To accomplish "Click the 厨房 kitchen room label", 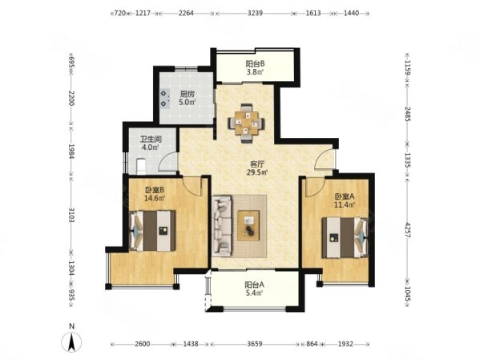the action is (x=187, y=94).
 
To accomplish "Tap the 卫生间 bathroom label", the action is (x=151, y=140).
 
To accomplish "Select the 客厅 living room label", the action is (x=257, y=164).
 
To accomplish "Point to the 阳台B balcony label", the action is (x=255, y=63).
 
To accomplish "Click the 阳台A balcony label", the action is (x=255, y=285).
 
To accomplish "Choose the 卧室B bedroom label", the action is (x=155, y=190).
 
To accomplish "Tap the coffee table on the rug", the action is (x=248, y=225).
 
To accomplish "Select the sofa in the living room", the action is (x=222, y=226).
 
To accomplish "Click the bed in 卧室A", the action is (x=345, y=237).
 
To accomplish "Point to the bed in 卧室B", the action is (x=152, y=231).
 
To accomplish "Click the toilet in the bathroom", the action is (x=141, y=166).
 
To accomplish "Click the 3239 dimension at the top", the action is (x=255, y=13).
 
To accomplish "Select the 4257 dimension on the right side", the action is (x=407, y=230).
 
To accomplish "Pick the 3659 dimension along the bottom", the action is (x=255, y=344).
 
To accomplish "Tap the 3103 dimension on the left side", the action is (x=71, y=215).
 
